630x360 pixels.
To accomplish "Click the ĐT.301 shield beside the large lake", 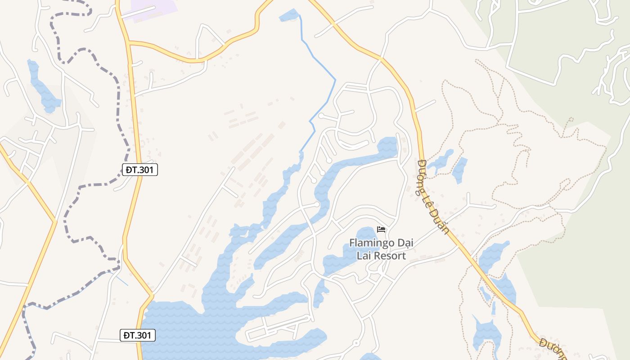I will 138,335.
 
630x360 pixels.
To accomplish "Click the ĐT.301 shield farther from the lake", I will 140,170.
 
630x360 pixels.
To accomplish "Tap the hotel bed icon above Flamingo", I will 381,229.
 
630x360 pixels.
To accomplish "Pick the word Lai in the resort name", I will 363,256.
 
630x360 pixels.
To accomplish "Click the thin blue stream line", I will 322,63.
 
